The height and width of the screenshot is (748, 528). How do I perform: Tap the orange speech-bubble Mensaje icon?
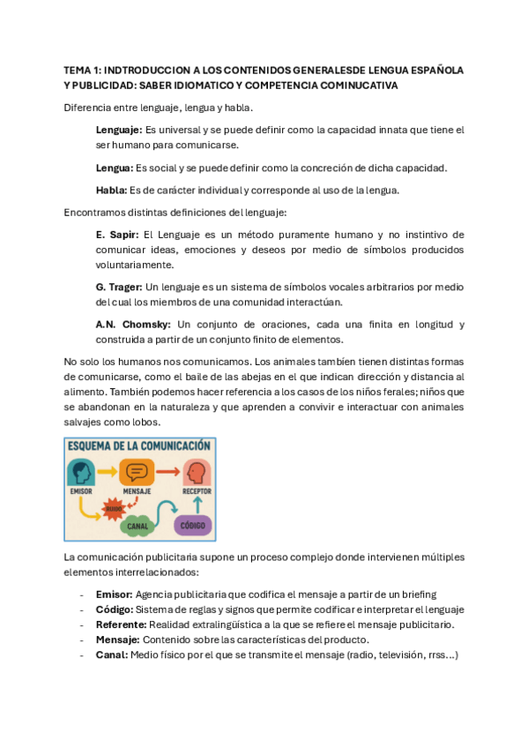coord(137,471)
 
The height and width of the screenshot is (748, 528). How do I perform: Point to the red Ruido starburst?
coord(114,507)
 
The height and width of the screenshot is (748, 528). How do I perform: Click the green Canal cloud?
coord(138,524)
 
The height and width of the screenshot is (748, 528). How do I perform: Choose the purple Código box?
coord(192,524)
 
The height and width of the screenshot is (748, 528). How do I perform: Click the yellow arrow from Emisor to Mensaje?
coord(108,472)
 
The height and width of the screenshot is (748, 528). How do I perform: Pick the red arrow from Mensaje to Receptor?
coord(167,472)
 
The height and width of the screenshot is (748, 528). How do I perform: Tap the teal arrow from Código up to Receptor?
coord(197,502)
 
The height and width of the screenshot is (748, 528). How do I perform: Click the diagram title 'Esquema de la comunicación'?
coord(139,445)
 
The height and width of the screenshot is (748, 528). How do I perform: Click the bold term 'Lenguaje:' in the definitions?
coord(118,130)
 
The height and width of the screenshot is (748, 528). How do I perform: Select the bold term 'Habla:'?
coord(111,190)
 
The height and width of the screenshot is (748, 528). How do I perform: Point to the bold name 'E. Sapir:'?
coord(116,235)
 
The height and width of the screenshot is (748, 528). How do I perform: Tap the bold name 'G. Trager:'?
coord(118,287)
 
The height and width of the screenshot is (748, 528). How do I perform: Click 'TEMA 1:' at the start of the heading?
coord(85,70)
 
